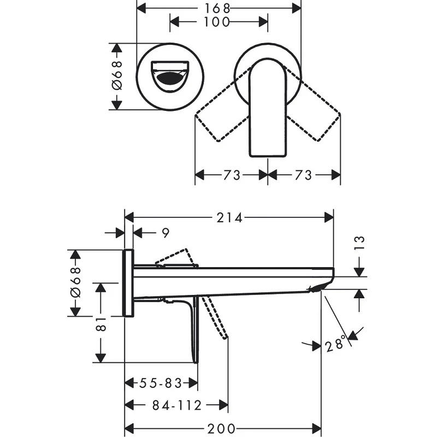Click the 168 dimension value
[217, 8]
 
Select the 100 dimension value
[216, 22]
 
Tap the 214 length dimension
[229, 217]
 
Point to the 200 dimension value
[221, 428]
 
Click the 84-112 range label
[176, 405]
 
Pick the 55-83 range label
[161, 383]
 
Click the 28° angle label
[335, 344]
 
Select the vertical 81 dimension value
[101, 323]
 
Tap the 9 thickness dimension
[166, 233]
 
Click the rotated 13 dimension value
[359, 243]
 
